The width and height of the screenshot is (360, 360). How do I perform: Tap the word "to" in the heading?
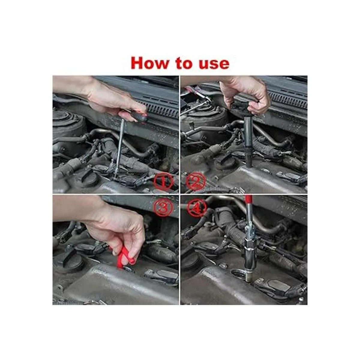184,64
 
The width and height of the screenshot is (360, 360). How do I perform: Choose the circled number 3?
163,207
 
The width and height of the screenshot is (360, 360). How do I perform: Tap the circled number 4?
197,208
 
